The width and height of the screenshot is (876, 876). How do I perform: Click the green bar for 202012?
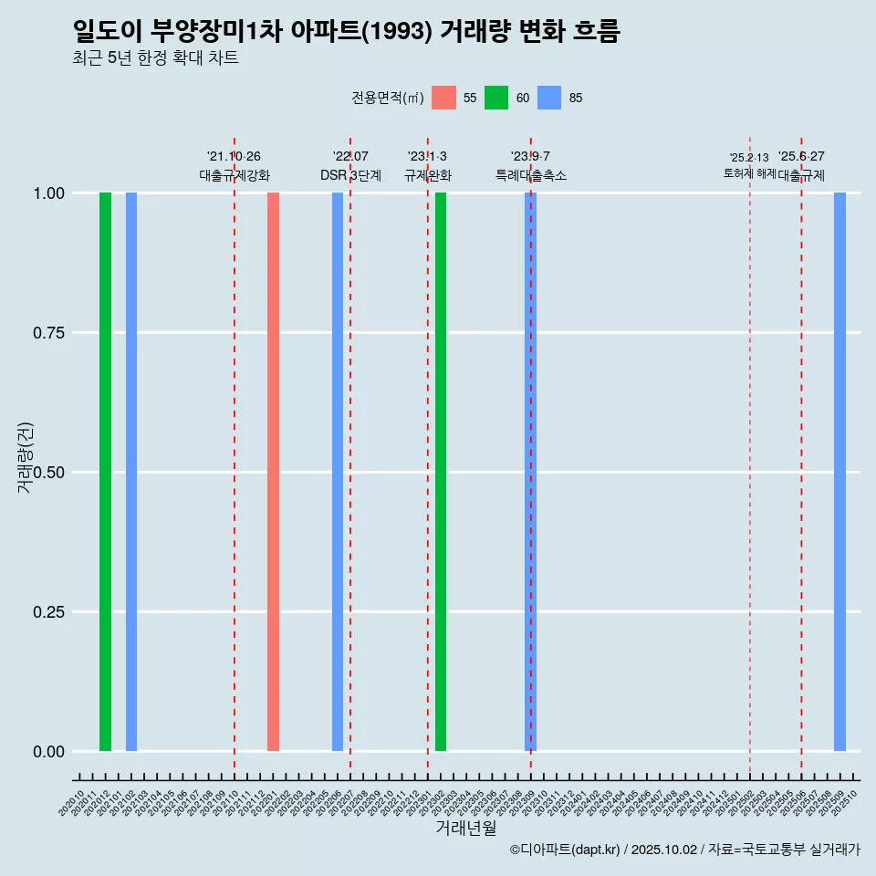105,472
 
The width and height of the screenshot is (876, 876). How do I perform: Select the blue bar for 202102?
131,472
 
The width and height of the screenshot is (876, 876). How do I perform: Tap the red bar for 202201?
273,472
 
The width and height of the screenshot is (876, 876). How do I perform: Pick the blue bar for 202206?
338,472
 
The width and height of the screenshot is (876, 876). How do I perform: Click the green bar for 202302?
441,472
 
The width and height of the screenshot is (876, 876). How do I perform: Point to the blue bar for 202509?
839,472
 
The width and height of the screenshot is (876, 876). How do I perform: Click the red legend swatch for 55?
443,98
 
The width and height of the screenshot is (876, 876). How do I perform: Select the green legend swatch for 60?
496,98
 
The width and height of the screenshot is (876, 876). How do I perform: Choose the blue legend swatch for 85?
549,98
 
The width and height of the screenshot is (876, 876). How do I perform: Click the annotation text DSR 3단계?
350,175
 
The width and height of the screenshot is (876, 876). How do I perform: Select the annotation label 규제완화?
428,175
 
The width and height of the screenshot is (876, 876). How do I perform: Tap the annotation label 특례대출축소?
531,175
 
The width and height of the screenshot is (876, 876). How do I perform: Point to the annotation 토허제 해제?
749,172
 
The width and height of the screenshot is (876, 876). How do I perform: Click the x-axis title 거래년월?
465,829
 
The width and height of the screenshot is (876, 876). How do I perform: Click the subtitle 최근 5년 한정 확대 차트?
155,58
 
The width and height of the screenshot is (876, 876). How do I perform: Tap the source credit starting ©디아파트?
684,850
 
